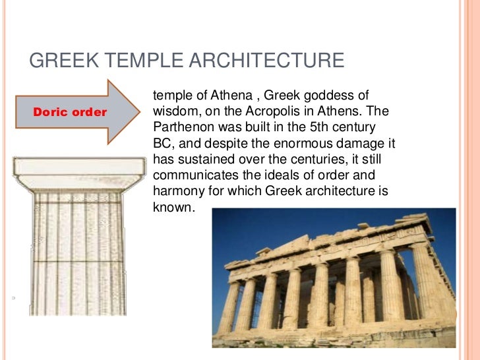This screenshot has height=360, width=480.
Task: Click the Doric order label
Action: coord(70,112)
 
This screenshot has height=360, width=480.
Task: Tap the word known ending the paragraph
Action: coord(172,207)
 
